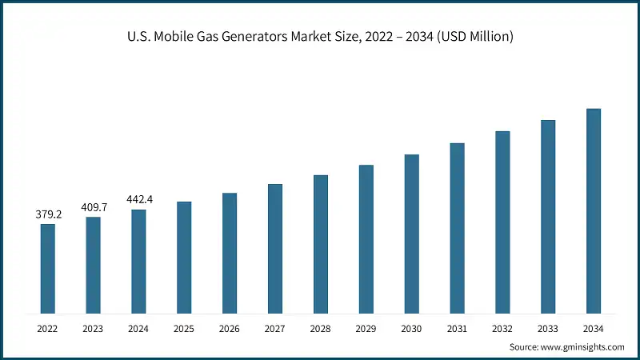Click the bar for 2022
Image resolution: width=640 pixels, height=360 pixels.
pos(48,268)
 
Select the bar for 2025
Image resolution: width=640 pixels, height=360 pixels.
pos(184,257)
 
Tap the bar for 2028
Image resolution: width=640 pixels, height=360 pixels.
pos(321,243)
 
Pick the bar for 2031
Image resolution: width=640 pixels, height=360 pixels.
pos(457,228)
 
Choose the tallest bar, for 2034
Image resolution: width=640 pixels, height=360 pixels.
pos(594,210)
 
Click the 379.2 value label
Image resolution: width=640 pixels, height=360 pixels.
pos(48,214)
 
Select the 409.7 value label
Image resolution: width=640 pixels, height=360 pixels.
pos(94,207)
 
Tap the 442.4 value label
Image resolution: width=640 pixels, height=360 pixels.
pos(139,199)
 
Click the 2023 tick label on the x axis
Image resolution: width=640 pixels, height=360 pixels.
pos(94,328)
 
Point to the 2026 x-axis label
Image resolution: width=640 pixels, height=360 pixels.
pos(230,328)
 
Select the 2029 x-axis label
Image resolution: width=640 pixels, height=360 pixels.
pos(366,328)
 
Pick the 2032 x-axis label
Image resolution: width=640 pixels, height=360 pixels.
pos(502,328)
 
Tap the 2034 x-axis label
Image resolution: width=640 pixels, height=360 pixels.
pos(594,328)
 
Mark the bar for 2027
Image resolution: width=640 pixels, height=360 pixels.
pos(275,248)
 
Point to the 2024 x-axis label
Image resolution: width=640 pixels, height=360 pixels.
pos(139,328)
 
